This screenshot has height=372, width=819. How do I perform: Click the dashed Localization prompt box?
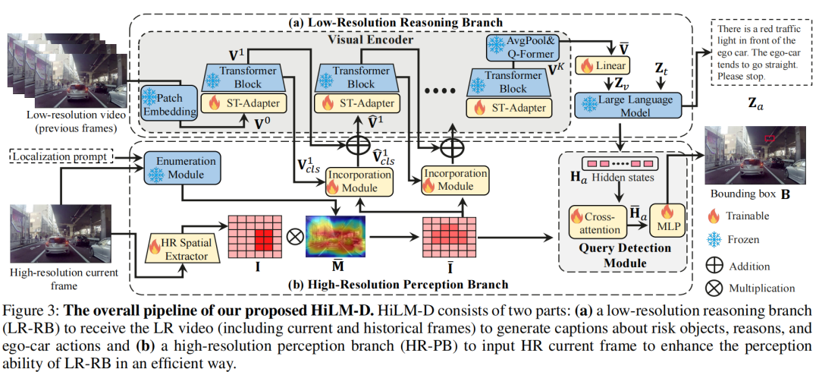(x=62, y=156)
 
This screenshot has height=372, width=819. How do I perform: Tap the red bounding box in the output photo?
(x=770, y=137)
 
